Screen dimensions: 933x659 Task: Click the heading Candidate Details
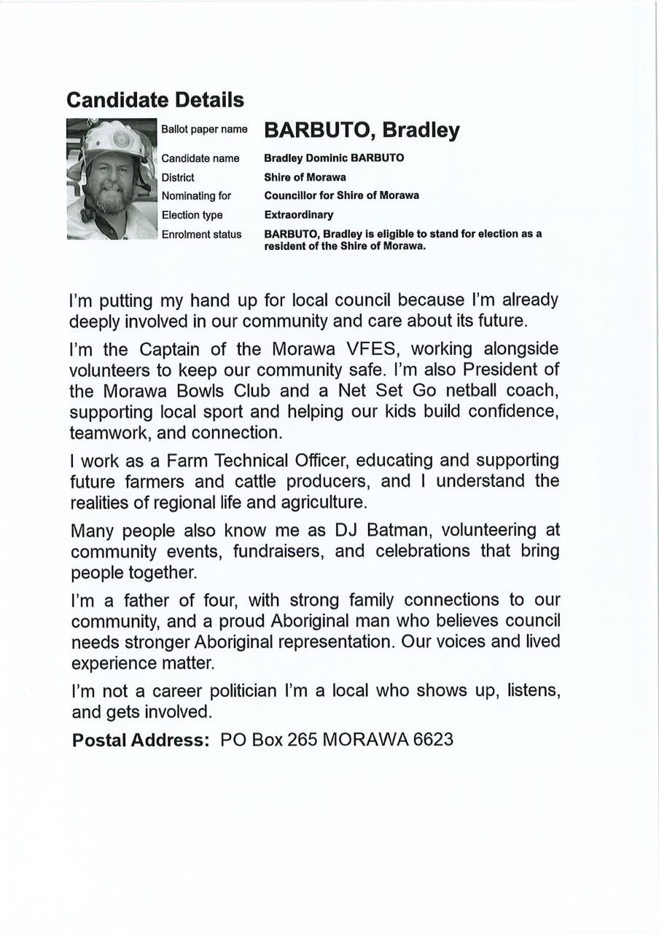point(155,99)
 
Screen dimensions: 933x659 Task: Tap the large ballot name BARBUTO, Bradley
point(362,130)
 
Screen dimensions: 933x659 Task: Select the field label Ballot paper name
point(204,130)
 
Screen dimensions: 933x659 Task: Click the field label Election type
point(192,215)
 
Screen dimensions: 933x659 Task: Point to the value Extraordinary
point(298,215)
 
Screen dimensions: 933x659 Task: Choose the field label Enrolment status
point(201,234)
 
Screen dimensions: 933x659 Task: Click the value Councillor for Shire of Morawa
point(341,195)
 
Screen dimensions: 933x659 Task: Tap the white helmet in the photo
point(115,138)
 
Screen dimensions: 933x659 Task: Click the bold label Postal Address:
point(141,740)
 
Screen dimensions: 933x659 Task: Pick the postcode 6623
point(433,740)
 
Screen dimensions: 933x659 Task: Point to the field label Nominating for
point(196,196)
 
